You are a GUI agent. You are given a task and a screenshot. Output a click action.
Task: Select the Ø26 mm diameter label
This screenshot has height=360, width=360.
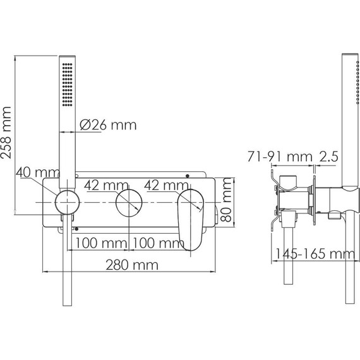tap(108, 124)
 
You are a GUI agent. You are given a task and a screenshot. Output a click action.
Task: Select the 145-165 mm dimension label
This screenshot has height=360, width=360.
tap(313, 255)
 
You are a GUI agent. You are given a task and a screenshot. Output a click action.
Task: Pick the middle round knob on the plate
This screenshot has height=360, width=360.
tap(129, 203)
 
